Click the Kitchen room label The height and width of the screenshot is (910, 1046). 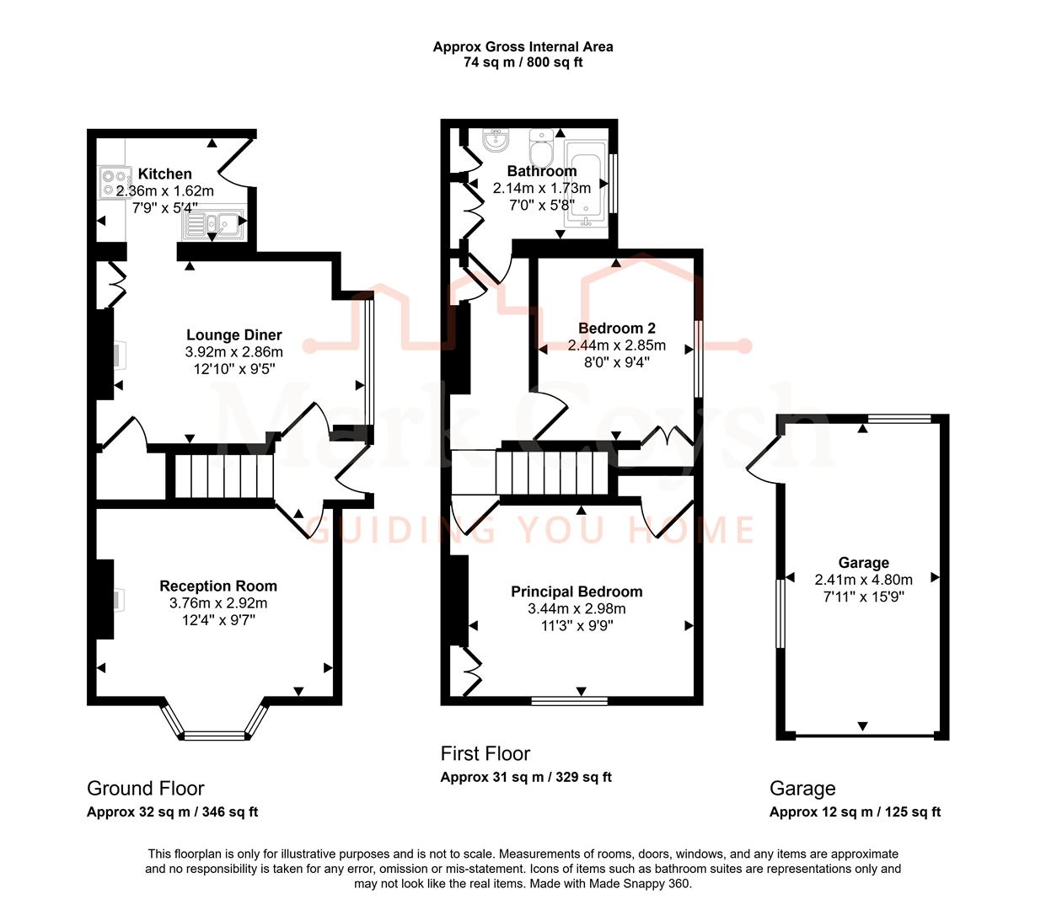[x=164, y=174]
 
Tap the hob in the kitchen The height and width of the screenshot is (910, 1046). [x=115, y=183]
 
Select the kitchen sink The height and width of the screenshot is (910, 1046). [x=216, y=222]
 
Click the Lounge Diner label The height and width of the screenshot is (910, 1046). [x=233, y=335]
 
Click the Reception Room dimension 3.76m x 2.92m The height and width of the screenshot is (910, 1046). [x=218, y=603]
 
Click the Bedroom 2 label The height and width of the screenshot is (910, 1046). [x=616, y=329]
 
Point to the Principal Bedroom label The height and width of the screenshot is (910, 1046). [x=577, y=592]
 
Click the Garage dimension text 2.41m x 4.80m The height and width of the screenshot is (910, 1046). [x=863, y=580]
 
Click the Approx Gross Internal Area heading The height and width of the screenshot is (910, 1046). [x=523, y=47]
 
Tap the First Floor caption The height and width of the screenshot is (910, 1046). [x=485, y=754]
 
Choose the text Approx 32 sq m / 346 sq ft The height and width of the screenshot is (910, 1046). [x=172, y=812]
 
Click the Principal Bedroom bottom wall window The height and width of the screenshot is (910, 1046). [x=570, y=700]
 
